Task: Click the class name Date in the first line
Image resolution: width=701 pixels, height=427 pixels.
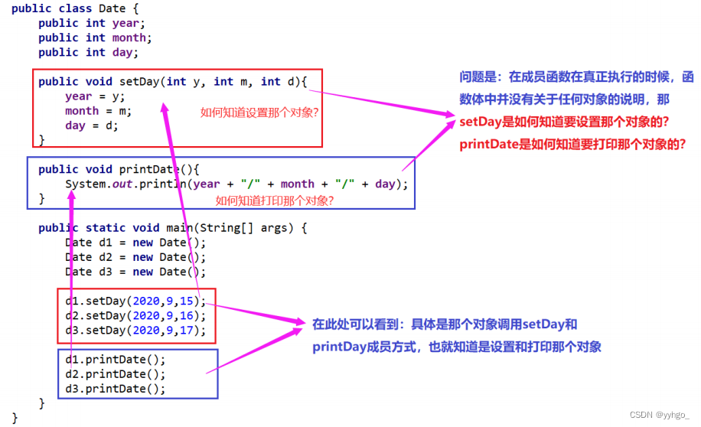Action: point(111,8)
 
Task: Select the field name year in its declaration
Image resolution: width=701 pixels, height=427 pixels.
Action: point(126,23)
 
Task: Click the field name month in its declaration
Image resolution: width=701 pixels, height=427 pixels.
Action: point(129,37)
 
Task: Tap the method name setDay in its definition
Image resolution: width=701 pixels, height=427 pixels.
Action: point(139,81)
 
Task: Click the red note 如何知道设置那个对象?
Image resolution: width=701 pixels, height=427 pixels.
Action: point(259,112)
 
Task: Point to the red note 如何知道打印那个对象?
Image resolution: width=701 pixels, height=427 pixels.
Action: point(275,200)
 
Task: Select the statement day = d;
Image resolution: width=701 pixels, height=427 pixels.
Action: point(92,125)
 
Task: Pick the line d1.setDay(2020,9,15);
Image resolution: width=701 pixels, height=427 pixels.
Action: point(136,301)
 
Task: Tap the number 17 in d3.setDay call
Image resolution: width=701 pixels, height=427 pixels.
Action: point(186,331)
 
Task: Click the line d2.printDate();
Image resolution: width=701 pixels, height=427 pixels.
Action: point(116,374)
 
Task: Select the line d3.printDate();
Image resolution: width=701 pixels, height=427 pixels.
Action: point(116,389)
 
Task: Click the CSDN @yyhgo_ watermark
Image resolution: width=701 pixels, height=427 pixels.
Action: point(660,415)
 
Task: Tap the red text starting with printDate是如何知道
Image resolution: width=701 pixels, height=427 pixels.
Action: point(572,144)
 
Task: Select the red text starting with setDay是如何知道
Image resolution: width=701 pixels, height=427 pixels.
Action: point(564,122)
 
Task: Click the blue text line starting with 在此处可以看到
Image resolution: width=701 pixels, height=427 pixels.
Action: point(445,324)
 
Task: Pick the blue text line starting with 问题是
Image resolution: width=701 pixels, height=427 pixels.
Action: point(577,77)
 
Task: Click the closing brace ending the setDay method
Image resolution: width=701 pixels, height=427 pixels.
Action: point(41,140)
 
